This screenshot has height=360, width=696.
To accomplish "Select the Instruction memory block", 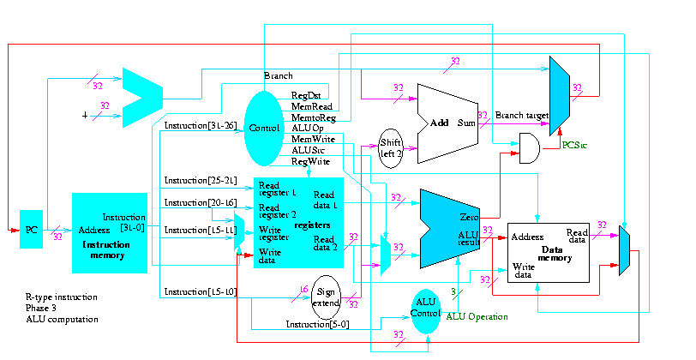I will point(110,232).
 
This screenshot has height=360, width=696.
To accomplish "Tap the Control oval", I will point(264,128).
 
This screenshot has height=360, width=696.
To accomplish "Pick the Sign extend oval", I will point(327,297).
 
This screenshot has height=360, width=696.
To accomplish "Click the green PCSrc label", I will point(575,146).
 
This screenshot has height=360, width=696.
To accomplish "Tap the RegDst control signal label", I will point(305,95).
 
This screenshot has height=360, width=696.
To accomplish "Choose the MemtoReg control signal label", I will point(313,117).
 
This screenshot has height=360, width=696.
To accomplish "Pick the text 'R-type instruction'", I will point(62,297).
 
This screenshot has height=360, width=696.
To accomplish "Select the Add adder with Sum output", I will point(446,123).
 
